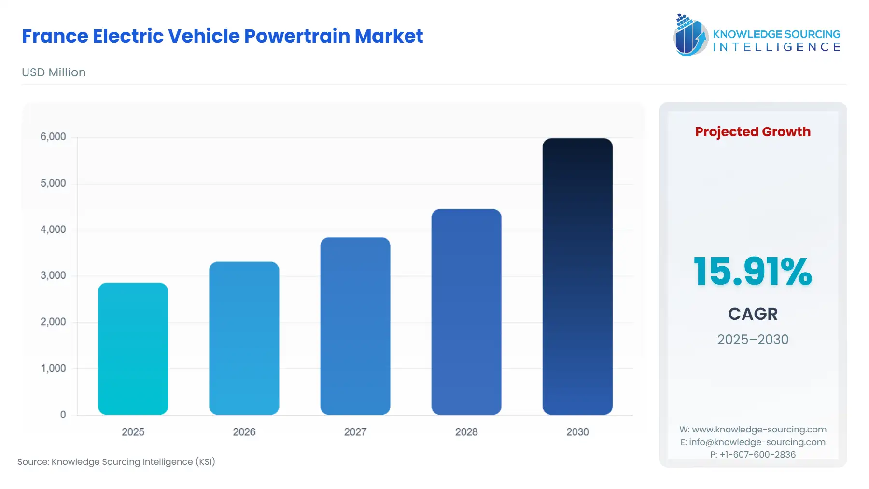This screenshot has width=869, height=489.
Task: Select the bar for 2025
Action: click(133, 348)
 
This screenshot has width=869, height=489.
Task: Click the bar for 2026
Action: click(244, 338)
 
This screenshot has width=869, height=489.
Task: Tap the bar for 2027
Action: click(355, 326)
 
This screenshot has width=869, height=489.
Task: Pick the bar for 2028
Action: click(466, 312)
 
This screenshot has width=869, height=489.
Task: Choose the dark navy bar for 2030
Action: click(577, 276)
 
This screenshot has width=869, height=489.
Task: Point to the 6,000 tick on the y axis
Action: click(53, 137)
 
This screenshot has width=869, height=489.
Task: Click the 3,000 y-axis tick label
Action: click(53, 275)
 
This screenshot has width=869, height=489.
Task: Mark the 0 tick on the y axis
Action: click(63, 415)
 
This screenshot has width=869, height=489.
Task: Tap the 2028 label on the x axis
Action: click(466, 432)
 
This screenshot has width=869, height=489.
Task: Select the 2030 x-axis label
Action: click(577, 432)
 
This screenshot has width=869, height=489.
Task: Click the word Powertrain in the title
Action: click(296, 36)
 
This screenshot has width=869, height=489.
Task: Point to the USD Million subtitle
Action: click(54, 72)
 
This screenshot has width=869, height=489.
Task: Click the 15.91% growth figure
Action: click(752, 271)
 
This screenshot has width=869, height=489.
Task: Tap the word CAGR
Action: click(752, 314)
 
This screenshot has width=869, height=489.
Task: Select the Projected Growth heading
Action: click(752, 132)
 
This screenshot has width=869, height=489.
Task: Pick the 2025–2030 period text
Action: click(752, 339)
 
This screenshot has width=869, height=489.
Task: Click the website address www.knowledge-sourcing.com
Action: click(759, 430)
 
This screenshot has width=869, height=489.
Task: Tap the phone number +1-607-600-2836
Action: click(757, 454)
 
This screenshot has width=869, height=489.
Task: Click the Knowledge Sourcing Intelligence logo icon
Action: click(690, 35)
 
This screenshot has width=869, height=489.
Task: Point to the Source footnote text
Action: click(116, 461)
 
